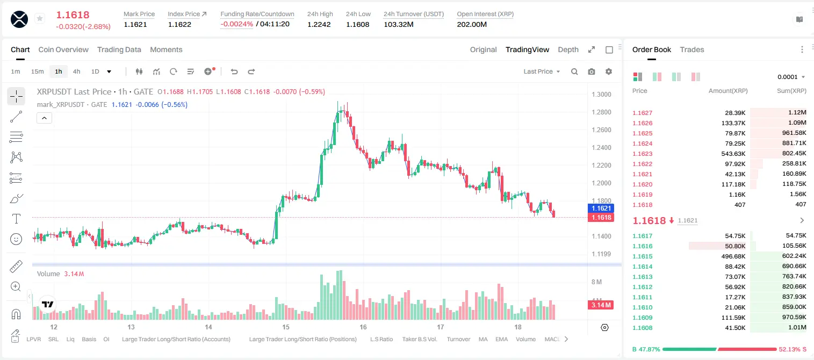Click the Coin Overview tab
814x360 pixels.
pyautogui.click(x=63, y=49)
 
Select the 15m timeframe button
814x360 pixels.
pyautogui.click(x=37, y=71)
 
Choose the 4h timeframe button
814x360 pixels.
pyautogui.click(x=76, y=71)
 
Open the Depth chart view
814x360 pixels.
pyautogui.click(x=568, y=49)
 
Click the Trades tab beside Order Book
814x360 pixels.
pyautogui.click(x=691, y=49)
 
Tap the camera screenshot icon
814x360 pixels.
pyautogui.click(x=592, y=71)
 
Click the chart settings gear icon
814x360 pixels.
pyautogui.click(x=609, y=71)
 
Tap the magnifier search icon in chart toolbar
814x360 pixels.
pyautogui.click(x=574, y=71)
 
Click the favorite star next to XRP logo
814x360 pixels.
pyautogui.click(x=40, y=18)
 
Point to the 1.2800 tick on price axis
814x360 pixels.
pyautogui.click(x=601, y=112)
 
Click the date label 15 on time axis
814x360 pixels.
pyautogui.click(x=286, y=327)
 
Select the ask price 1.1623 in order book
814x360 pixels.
pyautogui.click(x=642, y=154)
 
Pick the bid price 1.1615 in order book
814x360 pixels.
pyautogui.click(x=642, y=256)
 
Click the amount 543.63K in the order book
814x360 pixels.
pyautogui.click(x=733, y=154)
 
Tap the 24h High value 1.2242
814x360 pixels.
pyautogui.click(x=319, y=24)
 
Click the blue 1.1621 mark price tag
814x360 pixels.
pyautogui.click(x=601, y=208)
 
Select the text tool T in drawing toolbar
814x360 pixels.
pyautogui.click(x=16, y=219)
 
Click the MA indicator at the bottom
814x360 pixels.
pyautogui.click(x=483, y=339)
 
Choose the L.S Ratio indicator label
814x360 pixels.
pyautogui.click(x=381, y=339)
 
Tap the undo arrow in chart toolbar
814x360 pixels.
pyautogui.click(x=234, y=71)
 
